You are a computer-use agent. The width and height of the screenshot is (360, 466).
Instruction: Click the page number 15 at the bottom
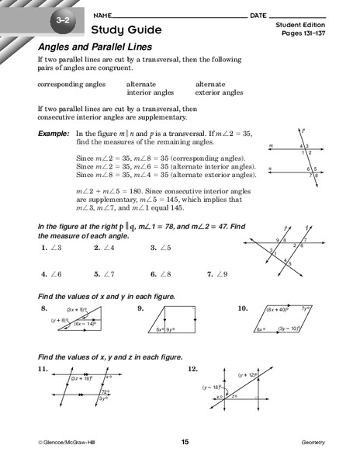point(185,442)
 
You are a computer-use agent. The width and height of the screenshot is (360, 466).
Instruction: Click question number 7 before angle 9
point(209,273)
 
